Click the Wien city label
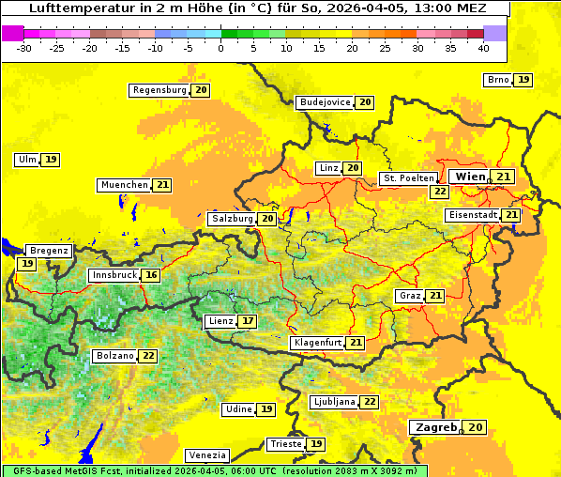[x=470, y=177]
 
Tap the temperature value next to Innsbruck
[x=151, y=275]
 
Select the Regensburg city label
[x=159, y=90]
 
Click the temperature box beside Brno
[x=523, y=80]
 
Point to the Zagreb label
[x=435, y=427]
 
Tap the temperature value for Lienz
[x=247, y=321]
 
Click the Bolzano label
[x=114, y=356]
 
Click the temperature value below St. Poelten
[x=439, y=191]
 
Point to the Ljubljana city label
[x=333, y=402]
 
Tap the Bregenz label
[x=49, y=251]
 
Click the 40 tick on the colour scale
[x=483, y=47]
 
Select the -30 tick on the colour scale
[x=25, y=47]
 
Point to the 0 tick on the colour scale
[x=221, y=47]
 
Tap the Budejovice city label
[x=325, y=102]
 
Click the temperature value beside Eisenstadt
[x=511, y=215]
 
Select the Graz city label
[x=409, y=296]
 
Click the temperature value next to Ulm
[x=51, y=160]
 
